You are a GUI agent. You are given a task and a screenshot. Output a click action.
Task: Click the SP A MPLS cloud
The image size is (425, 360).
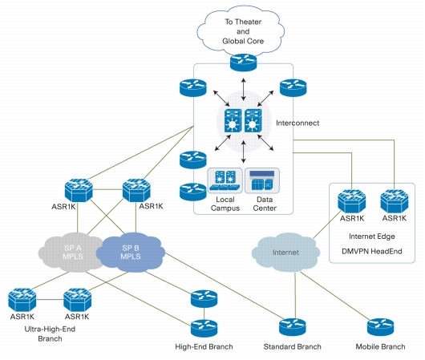pos(71,253)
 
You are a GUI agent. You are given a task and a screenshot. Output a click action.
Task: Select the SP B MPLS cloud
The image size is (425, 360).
pos(131,252)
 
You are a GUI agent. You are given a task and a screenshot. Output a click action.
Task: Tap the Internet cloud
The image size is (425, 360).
pos(285,253)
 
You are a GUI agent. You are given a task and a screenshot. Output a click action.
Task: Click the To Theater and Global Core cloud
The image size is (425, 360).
pos(241,31)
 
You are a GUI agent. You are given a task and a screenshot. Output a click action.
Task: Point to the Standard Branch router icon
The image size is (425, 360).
pos(293,327)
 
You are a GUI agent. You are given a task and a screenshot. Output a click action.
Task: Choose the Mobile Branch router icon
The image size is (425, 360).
pos(381,327)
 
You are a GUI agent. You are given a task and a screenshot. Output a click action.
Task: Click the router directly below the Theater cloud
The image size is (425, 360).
pos(244,63)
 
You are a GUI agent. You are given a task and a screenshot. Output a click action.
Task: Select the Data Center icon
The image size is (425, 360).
pos(262,180)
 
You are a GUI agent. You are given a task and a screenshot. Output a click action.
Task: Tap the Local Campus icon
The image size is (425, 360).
pos(225,180)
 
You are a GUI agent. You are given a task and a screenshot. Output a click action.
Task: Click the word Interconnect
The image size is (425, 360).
pos(297,123)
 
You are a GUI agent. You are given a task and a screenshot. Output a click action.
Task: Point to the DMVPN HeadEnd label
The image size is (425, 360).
pos(372,251)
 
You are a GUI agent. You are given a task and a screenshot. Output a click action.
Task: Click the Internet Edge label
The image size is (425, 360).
pos(372,237)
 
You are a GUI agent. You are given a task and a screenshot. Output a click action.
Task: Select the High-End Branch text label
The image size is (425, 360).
pos(204,346)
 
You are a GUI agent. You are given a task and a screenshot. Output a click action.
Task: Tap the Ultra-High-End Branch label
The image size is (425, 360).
pos(50,334)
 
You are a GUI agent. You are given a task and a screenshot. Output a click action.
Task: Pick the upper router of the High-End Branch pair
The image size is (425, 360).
pos(204,299)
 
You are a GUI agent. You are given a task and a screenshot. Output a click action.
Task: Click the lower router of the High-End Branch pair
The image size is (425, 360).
pos(204,328)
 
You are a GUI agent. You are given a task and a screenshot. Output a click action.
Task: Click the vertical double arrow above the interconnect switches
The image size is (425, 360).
pos(244,89)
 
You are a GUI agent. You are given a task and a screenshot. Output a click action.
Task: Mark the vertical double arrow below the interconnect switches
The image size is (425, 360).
pos(244,152)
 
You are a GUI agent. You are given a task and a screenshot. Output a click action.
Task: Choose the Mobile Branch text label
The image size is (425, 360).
pos(381,346)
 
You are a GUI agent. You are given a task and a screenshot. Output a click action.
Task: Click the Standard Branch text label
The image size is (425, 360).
pos(293,346)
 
